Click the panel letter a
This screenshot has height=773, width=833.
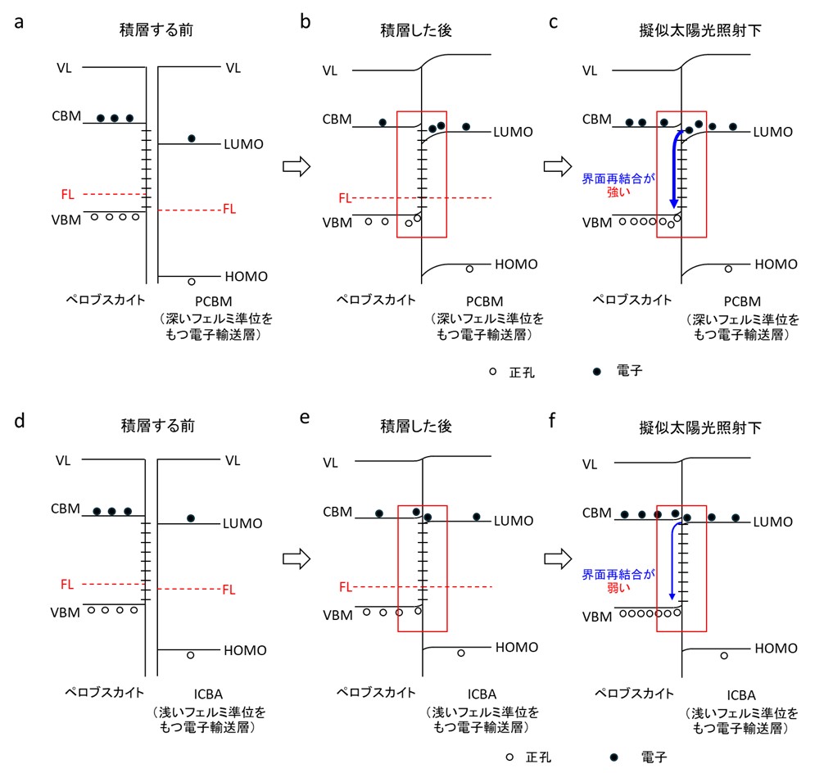pos(19,23)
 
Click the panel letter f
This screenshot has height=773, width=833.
pos(552,420)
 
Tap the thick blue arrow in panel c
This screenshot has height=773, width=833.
pos(675,168)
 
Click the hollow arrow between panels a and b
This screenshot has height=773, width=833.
pos(297,166)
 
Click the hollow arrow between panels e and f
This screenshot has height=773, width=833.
pos(558,559)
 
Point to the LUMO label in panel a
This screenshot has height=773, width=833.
pos(243,144)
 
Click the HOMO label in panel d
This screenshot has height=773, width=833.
pos(245,650)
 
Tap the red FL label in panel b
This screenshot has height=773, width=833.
pos(345,198)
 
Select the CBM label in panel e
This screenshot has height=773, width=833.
pos(337,512)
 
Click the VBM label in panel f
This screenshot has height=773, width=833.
pos(597,617)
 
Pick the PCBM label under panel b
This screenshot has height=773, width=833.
pos(484,301)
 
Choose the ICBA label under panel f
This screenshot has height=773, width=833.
pos(741,695)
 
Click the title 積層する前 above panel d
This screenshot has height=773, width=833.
pos(158,426)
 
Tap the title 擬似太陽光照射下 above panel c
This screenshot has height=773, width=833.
pos(700,30)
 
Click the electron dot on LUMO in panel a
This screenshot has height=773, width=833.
pos(192,138)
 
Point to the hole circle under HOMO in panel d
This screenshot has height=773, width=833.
pos(191,656)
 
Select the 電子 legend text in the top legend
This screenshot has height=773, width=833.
pos(630,371)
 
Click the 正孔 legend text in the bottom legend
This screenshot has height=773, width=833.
pos(538,757)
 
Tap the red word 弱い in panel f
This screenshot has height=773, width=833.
pos(618,588)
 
